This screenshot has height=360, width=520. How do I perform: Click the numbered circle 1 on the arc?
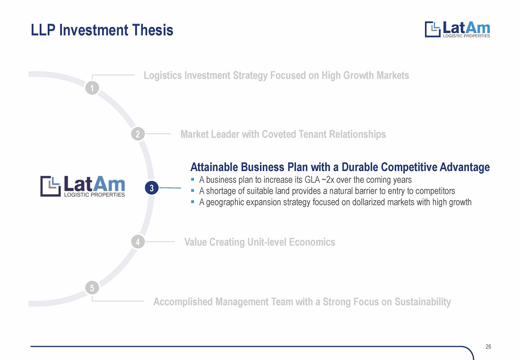pos(92,88)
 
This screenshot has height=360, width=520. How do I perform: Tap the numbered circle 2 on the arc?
pos(138,134)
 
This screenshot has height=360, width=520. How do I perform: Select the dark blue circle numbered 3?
pos(152,188)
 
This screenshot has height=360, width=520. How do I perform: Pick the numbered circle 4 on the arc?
pos(138,242)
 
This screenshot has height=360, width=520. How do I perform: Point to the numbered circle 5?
pos(92,288)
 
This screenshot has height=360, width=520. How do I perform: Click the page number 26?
pos(488,346)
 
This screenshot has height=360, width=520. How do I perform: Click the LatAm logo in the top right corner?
pos(457,29)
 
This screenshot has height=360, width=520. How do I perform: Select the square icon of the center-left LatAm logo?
pos(51,186)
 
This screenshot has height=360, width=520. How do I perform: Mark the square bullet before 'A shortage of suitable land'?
pos(193,190)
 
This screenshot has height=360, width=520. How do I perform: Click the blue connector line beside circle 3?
pos(170,188)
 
